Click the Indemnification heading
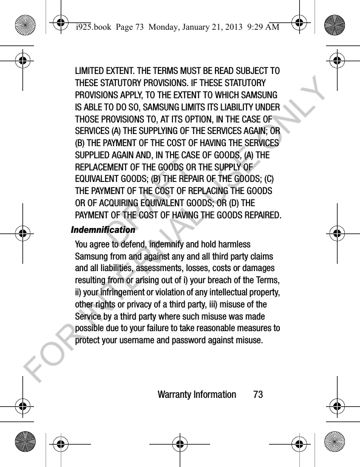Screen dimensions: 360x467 click(103, 230)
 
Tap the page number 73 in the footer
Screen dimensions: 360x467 click(258, 395)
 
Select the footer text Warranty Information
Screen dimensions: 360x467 click(196, 395)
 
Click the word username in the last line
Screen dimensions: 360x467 click(148, 340)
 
